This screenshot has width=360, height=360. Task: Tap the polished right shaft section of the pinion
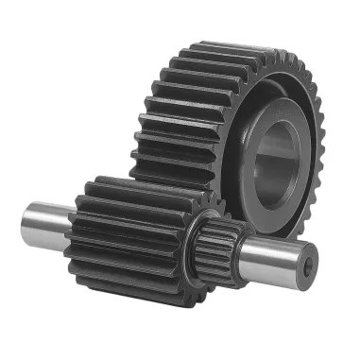(274, 254)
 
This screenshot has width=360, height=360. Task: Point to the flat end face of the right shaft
(307, 265)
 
